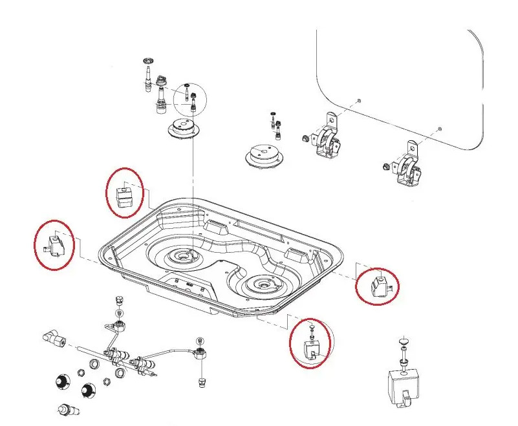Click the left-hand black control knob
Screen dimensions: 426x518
[x=62, y=381]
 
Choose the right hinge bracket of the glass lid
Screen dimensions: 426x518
[x=409, y=168]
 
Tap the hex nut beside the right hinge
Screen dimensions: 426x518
[x=385, y=165]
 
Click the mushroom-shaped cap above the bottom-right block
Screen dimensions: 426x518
[x=404, y=341]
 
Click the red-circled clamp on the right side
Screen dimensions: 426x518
[x=378, y=285]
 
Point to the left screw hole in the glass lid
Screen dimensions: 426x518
[x=358, y=102]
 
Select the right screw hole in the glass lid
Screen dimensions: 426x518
[x=440, y=129]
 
